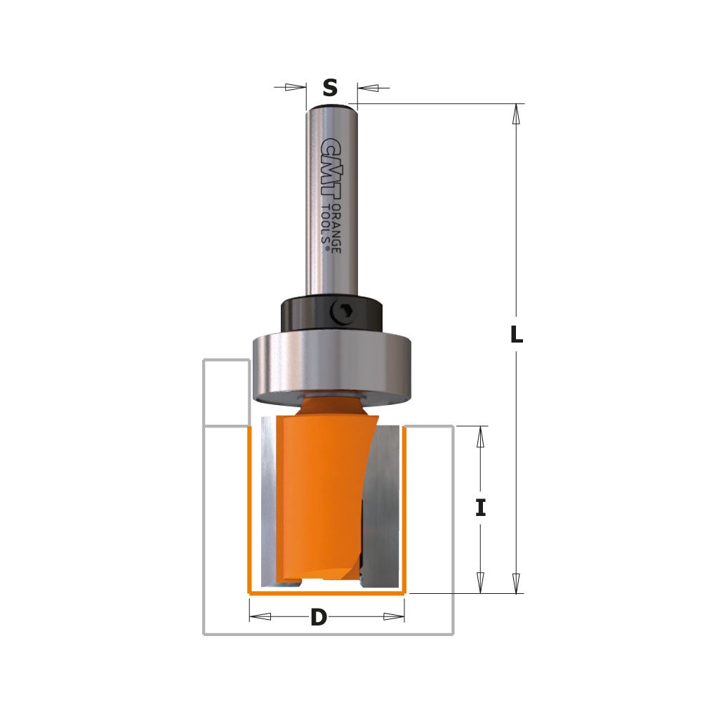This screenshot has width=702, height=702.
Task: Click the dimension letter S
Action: [330, 88]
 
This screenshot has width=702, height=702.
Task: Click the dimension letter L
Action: [516, 336]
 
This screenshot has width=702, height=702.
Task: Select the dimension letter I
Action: [480, 508]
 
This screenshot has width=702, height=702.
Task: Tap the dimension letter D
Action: [319, 618]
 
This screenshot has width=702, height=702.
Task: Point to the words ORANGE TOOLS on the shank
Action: [331, 223]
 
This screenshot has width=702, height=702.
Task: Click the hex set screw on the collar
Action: [343, 311]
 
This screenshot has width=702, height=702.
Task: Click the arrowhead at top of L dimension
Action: [517, 114]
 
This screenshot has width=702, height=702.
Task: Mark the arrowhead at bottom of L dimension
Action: [517, 583]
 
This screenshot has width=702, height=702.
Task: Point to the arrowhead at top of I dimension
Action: [481, 437]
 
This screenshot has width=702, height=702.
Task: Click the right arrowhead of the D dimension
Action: [393, 617]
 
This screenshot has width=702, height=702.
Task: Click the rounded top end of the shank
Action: [331, 107]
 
